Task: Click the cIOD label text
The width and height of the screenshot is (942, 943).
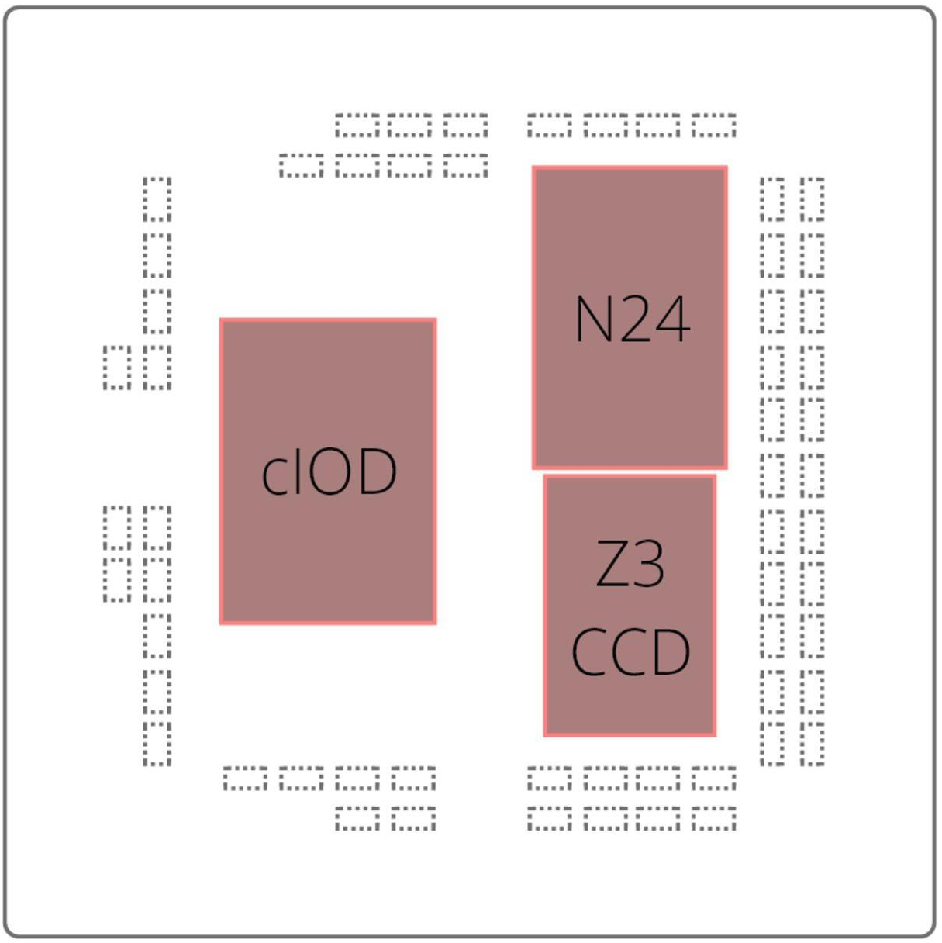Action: pos(329,472)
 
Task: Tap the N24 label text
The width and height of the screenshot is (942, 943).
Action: pos(632,320)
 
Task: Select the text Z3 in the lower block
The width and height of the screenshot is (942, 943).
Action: pos(630,565)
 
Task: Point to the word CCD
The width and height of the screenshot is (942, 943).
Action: pos(630,651)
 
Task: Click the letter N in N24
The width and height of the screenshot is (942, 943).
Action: pos(593,320)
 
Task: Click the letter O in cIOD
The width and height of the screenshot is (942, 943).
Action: pos(334,472)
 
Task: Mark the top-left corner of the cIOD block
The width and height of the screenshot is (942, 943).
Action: pos(222,320)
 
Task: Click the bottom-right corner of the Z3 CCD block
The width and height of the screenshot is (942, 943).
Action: pos(714,734)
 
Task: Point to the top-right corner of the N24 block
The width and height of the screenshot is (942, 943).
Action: pos(726,168)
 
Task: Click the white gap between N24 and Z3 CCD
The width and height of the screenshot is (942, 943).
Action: pos(630,471)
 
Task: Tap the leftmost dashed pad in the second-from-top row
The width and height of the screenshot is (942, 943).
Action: pos(301,165)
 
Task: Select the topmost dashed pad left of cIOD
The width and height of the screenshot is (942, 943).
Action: pos(157,199)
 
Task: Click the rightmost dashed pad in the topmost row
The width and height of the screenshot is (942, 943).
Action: pos(713,125)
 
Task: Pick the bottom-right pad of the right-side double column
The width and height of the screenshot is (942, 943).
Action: pos(812,744)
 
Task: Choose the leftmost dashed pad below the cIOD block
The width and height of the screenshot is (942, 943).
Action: pos(245,778)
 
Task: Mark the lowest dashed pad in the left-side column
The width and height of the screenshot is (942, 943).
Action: pos(157,744)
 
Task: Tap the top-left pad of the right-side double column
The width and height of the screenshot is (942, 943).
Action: pos(772,199)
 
